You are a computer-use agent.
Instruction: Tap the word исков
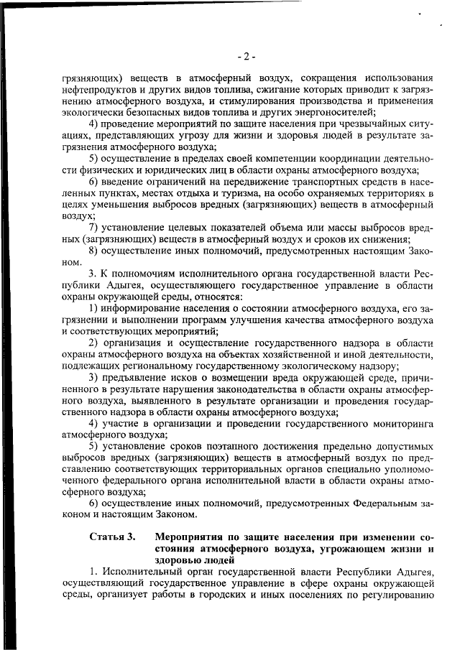click(186, 378)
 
